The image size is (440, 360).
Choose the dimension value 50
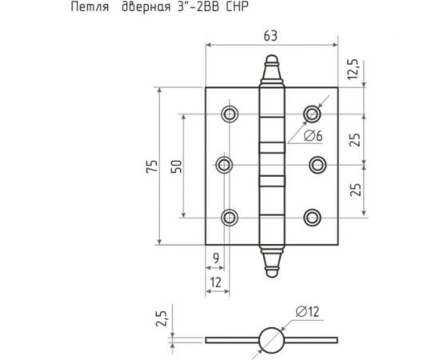point(178,166)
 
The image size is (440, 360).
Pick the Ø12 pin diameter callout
point(313,310)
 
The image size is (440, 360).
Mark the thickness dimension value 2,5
point(161,319)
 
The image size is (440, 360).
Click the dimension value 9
point(216,257)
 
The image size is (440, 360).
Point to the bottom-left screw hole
point(230,216)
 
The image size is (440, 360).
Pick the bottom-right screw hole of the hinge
point(312,216)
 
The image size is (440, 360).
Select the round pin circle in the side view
point(270,338)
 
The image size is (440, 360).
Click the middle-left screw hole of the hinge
point(225,165)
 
